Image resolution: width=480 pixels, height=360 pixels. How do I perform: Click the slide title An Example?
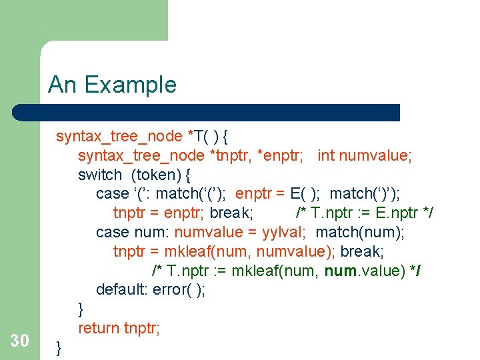(x=112, y=85)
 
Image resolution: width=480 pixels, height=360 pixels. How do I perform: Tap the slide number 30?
(x=20, y=341)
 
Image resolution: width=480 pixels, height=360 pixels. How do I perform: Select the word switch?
(x=100, y=175)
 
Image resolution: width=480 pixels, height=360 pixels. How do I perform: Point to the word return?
(x=99, y=328)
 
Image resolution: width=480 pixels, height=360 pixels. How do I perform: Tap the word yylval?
(x=283, y=232)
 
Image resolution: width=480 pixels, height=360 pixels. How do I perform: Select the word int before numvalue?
(x=326, y=155)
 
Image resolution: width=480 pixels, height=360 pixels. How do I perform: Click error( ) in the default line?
(x=179, y=289)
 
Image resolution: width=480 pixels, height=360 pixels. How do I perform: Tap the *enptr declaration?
(x=280, y=155)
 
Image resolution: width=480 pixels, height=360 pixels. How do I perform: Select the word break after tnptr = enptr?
(x=230, y=213)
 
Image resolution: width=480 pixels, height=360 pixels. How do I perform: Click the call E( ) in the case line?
(x=303, y=193)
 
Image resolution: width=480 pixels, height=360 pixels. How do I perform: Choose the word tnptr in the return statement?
(x=142, y=328)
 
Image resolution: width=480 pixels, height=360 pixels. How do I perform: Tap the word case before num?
(x=111, y=232)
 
